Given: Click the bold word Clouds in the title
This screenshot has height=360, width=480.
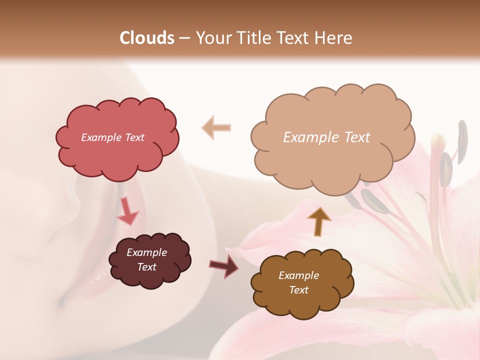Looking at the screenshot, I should pos(147,37).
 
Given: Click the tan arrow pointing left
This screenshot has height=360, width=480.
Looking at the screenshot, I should pos(216,127).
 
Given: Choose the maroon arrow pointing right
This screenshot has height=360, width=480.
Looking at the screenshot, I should pos(224,265).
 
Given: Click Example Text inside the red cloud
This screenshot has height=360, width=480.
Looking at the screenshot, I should pos(112,137).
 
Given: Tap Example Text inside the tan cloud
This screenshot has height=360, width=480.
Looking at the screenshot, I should pos(326,137).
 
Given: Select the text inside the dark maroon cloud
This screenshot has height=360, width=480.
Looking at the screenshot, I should pos(146,259).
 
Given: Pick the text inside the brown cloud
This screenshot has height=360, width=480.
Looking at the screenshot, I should pos(298,282).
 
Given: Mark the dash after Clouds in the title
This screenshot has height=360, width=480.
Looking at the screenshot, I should pos(184,37).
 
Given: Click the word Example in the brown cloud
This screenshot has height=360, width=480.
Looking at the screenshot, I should pos(298,275).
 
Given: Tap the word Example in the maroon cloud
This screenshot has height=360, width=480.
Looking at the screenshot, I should pos(146,252).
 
